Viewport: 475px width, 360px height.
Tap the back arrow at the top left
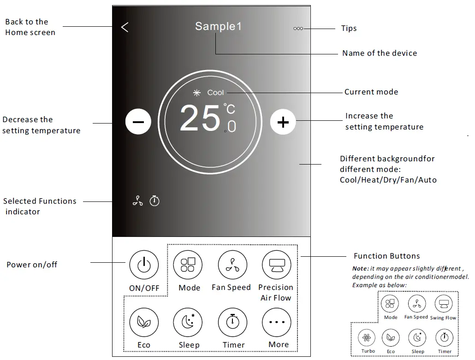125,27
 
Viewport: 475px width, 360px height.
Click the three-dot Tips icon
298,29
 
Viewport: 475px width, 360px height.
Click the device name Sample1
218,26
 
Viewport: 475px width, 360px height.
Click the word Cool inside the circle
215,93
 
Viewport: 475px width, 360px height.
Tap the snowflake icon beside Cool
197,93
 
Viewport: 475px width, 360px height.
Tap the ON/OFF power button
144,265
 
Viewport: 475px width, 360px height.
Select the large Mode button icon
188,265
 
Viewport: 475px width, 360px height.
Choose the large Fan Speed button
232,265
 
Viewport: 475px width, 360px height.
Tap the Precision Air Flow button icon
277,265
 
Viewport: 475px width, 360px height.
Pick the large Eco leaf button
144,322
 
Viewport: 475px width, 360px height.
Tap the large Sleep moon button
188,322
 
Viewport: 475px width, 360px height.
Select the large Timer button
232,322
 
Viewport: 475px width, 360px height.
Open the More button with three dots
277,322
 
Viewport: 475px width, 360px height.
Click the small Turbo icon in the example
368,337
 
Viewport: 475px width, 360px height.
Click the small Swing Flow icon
444,304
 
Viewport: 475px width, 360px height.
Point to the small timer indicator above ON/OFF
155,201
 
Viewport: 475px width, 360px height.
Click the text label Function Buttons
386,256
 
